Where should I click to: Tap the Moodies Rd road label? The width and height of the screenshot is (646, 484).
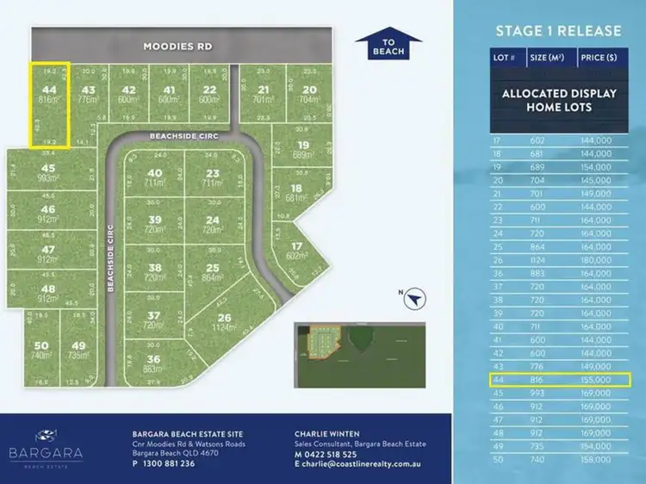177,46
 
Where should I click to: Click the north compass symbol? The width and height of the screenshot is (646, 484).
415,297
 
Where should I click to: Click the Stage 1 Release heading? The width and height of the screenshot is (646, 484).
557,31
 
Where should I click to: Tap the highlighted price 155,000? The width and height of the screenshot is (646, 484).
596,379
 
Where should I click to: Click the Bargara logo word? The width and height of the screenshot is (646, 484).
59,451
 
